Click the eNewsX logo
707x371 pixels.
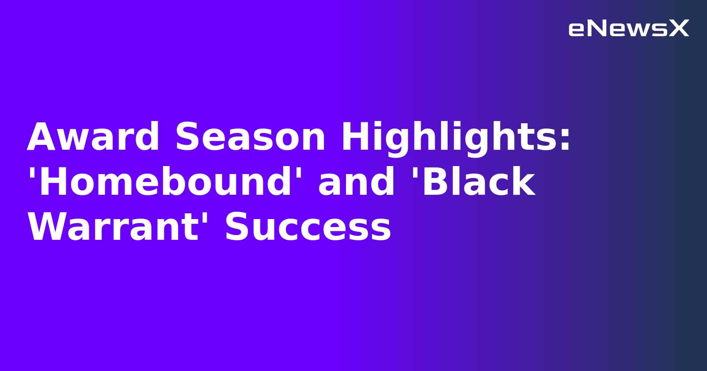click(628, 29)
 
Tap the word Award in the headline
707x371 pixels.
click(93, 137)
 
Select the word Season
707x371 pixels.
click(250, 137)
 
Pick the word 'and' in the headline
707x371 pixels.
click(356, 182)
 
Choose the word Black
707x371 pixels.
click(479, 182)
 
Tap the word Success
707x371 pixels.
click(308, 228)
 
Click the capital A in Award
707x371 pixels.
click(43, 137)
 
